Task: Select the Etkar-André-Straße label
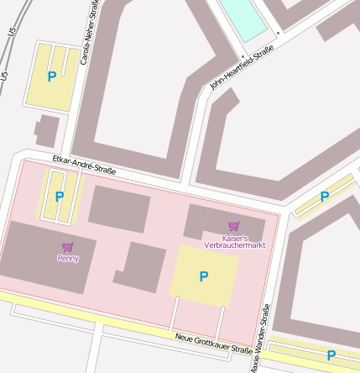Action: pos(83,165)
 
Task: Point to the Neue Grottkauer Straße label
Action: pos(213,343)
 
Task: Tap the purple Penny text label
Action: pos(68,259)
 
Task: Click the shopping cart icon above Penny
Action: pos(68,247)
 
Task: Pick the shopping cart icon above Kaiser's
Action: pos(234,226)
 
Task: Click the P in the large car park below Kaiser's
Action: pos(203,276)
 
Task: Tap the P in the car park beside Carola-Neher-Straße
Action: pos(52,76)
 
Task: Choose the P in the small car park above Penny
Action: pos(59,197)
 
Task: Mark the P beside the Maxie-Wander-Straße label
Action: pos(331,355)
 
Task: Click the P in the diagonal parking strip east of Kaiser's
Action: pos(324,197)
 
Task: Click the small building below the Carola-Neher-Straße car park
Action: pos(47,131)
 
